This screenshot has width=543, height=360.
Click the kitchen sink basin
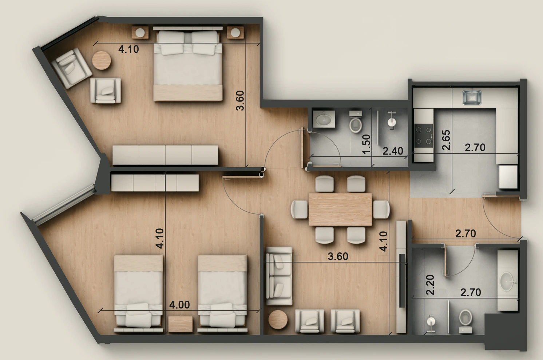point(472,97)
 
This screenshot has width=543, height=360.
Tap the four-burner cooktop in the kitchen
point(424,135)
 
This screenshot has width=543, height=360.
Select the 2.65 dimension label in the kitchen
point(446,140)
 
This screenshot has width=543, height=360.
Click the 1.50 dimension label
point(366,144)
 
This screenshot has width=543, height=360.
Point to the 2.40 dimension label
point(393,151)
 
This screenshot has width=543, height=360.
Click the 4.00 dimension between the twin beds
point(179,305)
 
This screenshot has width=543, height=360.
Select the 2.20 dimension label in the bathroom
point(430,285)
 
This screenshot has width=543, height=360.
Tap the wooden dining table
point(340,209)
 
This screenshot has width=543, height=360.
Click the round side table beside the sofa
point(278,320)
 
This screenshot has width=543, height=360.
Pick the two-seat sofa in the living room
point(279,276)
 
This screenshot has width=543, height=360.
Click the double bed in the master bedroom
point(188,65)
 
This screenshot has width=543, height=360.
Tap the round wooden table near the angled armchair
point(102,60)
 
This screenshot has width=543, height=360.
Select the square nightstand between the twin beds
point(181,324)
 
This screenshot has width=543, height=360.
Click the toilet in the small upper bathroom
point(356,121)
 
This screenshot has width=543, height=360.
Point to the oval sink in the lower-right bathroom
point(507,281)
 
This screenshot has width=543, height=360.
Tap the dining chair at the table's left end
point(300,209)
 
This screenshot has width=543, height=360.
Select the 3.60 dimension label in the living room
point(338,256)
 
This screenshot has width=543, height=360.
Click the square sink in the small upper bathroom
point(324,119)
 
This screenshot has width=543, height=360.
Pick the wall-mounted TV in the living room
point(402,280)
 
